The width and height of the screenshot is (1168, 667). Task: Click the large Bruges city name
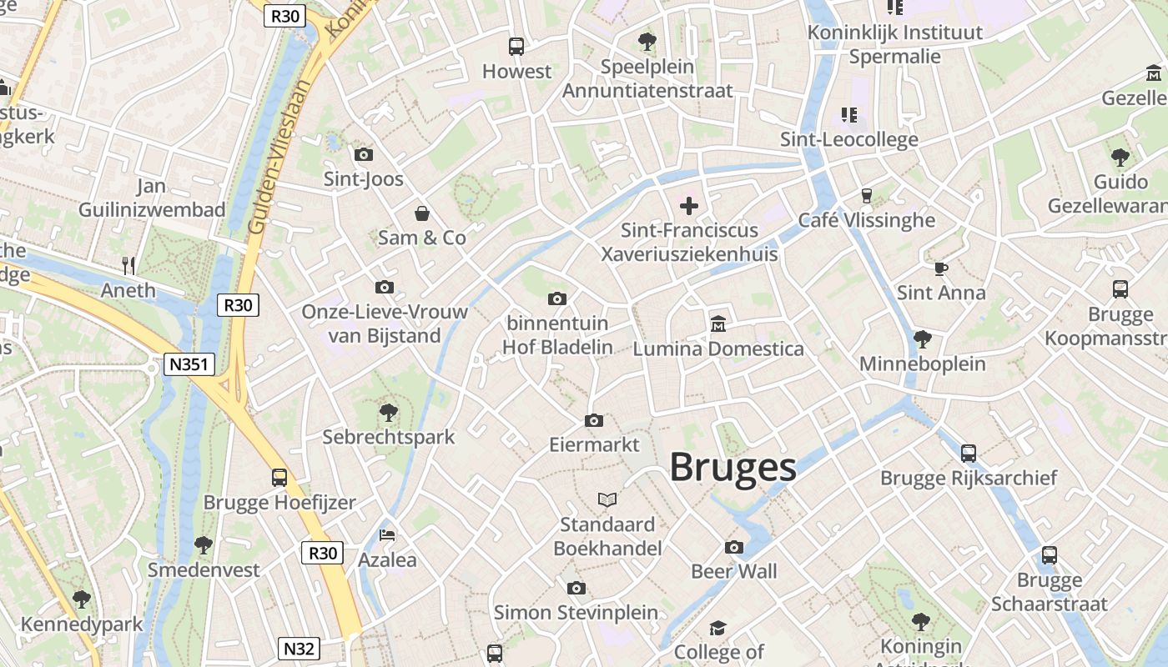click(x=733, y=467)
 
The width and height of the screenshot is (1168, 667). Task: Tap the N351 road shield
click(x=189, y=364)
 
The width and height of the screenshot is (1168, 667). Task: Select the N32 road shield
click(x=299, y=649)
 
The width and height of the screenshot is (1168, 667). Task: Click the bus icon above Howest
click(x=516, y=47)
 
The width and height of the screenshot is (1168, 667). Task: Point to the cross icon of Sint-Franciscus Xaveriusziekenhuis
click(x=689, y=205)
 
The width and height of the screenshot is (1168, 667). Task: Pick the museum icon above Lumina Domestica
click(x=717, y=323)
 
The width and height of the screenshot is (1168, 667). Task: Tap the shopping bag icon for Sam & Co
click(x=422, y=213)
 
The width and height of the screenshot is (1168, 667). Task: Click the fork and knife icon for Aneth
click(x=128, y=266)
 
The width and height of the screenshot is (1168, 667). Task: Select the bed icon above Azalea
click(x=387, y=534)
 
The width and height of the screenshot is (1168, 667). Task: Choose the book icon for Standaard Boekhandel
click(x=608, y=499)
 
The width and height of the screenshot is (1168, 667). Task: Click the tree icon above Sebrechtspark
click(x=388, y=411)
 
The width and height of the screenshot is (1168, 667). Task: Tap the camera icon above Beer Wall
click(x=734, y=547)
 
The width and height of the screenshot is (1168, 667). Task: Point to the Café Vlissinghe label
click(x=867, y=220)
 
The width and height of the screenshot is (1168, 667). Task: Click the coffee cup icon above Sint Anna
click(x=941, y=268)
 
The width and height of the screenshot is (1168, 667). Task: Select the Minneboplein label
click(x=922, y=364)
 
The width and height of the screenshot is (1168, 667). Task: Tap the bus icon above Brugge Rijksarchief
click(x=969, y=453)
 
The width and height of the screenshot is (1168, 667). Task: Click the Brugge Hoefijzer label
click(x=279, y=503)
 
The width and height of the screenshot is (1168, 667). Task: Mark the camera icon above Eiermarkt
click(x=594, y=420)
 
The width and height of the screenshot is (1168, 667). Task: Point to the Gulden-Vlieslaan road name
click(x=281, y=155)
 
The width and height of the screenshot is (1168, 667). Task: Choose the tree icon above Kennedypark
click(x=82, y=599)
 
